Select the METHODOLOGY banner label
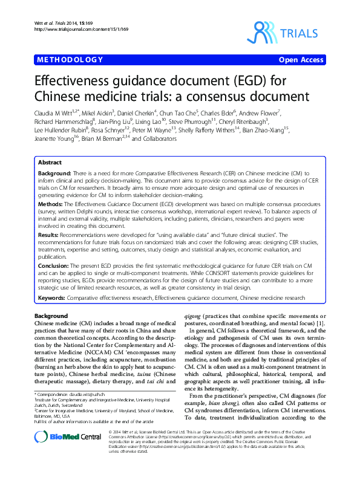tap(70, 59)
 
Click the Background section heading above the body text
tap(51, 316)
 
